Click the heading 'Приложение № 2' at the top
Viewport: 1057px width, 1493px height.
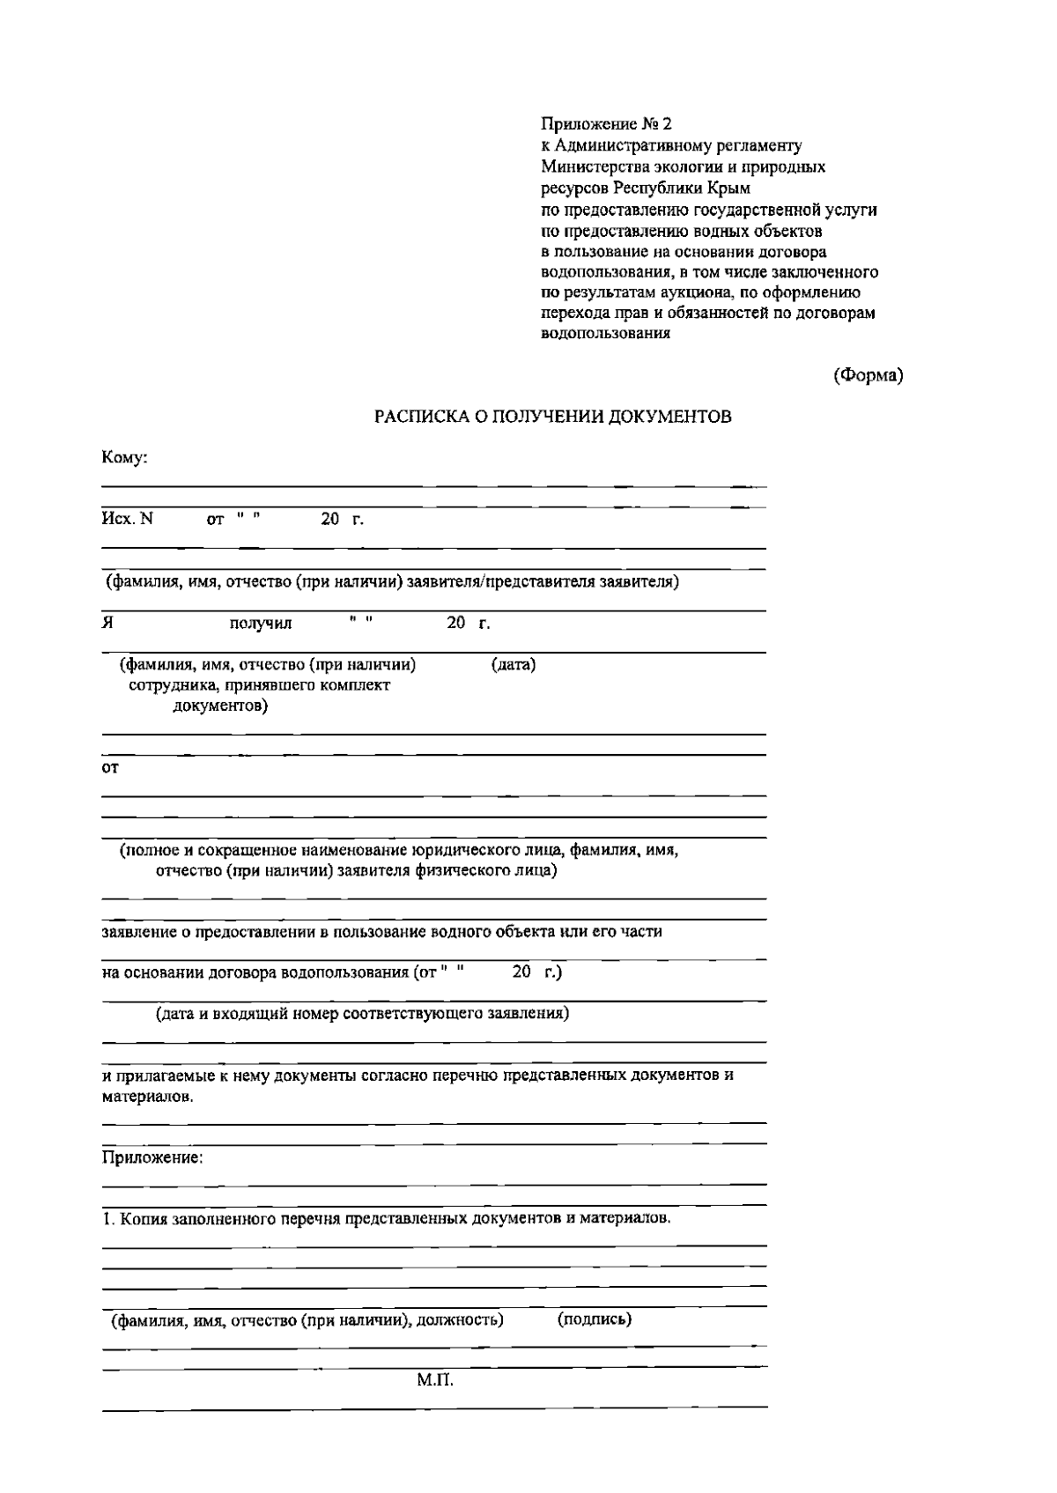pyautogui.click(x=606, y=124)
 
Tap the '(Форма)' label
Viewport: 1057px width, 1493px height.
pyautogui.click(x=869, y=375)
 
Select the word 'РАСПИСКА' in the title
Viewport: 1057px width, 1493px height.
pyautogui.click(x=415, y=418)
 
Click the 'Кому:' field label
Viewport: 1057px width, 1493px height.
pyautogui.click(x=124, y=458)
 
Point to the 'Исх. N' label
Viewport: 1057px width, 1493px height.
pyautogui.click(x=128, y=519)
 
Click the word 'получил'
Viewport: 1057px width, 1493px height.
pyautogui.click(x=261, y=625)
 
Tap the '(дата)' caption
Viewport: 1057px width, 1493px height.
pyautogui.click(x=513, y=665)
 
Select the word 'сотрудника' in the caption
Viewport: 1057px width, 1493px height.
pyautogui.click(x=172, y=685)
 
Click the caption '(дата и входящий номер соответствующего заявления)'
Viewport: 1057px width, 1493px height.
pyautogui.click(x=362, y=1014)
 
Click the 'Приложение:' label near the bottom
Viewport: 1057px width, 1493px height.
pyautogui.click(x=152, y=1157)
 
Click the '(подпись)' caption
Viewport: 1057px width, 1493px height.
pyautogui.click(x=595, y=1319)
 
